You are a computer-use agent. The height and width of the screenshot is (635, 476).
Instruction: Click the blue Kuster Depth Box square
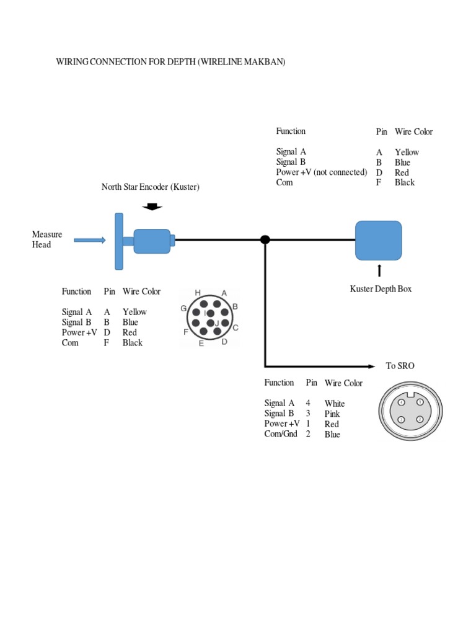click(x=378, y=241)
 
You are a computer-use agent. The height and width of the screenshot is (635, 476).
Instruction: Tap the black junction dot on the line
click(x=265, y=239)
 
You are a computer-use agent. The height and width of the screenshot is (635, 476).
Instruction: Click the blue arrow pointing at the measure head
click(x=90, y=240)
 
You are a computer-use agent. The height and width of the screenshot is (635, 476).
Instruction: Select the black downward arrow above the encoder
click(x=152, y=206)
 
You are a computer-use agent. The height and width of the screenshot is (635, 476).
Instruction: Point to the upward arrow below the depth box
click(x=379, y=270)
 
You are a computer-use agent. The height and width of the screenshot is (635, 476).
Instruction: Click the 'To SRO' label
click(x=400, y=366)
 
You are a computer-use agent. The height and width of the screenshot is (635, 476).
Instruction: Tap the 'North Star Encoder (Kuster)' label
click(x=151, y=187)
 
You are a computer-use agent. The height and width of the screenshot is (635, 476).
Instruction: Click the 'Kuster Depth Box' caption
click(x=381, y=289)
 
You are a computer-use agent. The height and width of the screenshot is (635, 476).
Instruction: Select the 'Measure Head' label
click(x=47, y=239)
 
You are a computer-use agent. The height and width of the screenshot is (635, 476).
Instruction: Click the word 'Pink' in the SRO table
click(x=332, y=414)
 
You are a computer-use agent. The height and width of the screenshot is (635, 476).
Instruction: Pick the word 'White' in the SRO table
click(x=334, y=404)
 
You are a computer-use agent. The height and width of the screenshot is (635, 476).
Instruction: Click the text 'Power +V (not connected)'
click(x=322, y=172)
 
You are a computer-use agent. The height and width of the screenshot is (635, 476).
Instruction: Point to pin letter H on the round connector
click(x=198, y=292)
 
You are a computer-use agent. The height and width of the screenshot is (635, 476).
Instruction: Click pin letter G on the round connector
click(x=183, y=308)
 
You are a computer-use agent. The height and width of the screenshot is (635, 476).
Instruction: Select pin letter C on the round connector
click(x=236, y=327)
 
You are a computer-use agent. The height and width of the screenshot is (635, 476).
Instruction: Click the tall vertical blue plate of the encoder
click(x=118, y=241)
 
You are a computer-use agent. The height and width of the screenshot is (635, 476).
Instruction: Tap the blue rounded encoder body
click(x=152, y=241)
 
